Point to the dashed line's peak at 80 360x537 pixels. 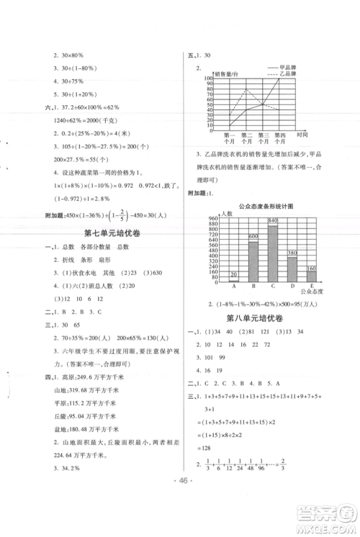pyautogui.click(x=247, y=89)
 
